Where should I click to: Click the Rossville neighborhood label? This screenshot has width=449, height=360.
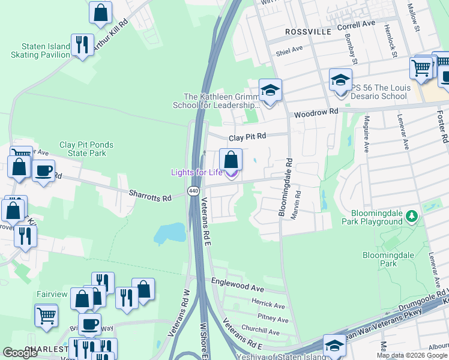click(308, 31)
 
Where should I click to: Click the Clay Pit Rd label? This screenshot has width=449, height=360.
click(246, 137)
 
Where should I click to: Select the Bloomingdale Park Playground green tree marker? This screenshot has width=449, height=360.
click(411, 215)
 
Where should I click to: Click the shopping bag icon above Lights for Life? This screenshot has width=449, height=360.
click(231, 160)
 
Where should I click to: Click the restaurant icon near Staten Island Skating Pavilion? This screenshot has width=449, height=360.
click(81, 44)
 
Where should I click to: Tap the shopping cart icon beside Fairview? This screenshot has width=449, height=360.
click(46, 314)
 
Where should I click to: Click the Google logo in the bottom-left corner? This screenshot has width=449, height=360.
click(20, 352)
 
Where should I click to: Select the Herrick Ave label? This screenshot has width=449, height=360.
click(268, 305)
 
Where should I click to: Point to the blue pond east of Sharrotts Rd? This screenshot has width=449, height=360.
click(170, 233)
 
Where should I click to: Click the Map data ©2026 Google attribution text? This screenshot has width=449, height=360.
click(411, 355)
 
